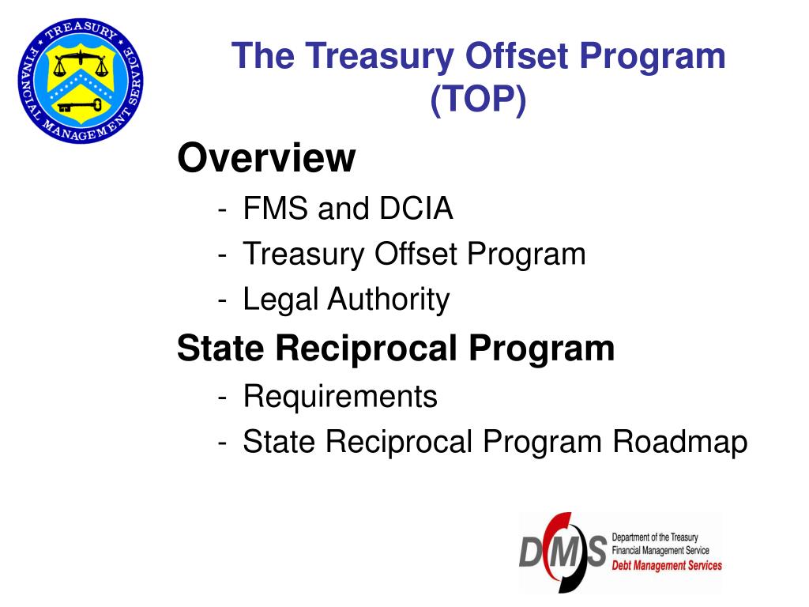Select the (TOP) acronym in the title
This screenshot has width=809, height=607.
pyautogui.click(x=478, y=100)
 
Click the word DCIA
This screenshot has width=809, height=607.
pyautogui.click(x=417, y=209)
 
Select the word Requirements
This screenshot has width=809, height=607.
pyautogui.click(x=340, y=395)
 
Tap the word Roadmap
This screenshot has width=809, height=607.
pyautogui.click(x=680, y=441)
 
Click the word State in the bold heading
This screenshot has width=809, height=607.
pyautogui.click(x=220, y=348)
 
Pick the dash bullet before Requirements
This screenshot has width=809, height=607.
pyautogui.click(x=224, y=397)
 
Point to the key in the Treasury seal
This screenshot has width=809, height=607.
pyautogui.click(x=78, y=103)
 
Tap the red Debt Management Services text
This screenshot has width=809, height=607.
pyautogui.click(x=667, y=566)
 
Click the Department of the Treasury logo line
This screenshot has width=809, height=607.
pyautogui.click(x=655, y=537)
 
